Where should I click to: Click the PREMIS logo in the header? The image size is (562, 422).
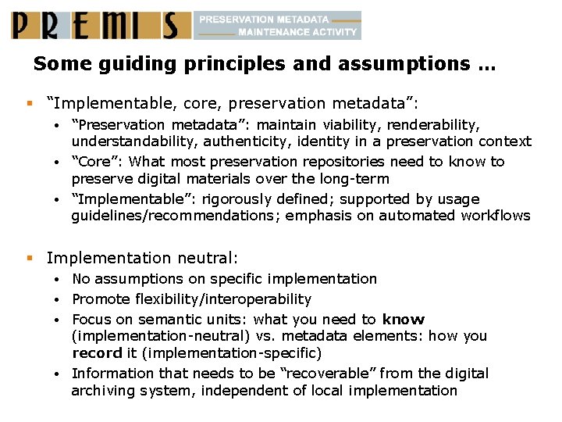tap(100, 25)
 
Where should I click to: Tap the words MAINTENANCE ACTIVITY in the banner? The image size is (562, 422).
tap(297, 33)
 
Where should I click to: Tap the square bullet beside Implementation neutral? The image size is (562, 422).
tap(29, 257)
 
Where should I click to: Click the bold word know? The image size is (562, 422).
tap(404, 320)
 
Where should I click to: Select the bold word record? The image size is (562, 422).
tap(97, 353)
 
